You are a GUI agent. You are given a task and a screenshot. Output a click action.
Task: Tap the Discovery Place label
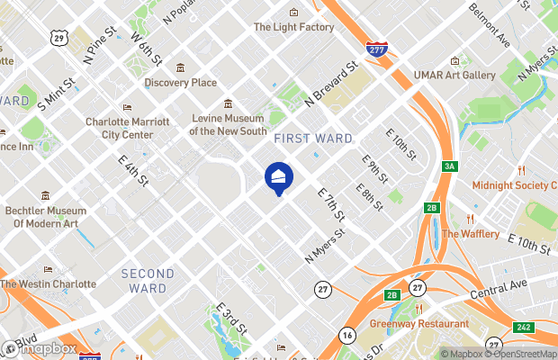pyautogui.click(x=180, y=83)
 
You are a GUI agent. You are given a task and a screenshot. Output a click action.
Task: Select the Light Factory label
pyautogui.click(x=293, y=27)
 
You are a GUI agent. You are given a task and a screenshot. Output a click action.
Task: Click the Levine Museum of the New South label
pyautogui.click(x=228, y=124)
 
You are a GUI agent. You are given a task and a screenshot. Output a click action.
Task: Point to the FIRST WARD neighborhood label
pyautogui.click(x=312, y=138)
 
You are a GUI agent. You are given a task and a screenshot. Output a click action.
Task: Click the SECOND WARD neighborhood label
pyautogui.click(x=148, y=281)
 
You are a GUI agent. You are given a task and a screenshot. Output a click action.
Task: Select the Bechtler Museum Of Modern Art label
pyautogui.click(x=56, y=217)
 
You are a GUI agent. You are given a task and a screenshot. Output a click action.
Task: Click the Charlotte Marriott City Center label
pyautogui.click(x=127, y=128)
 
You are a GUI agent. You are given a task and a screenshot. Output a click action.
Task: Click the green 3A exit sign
pyautogui.click(x=450, y=167)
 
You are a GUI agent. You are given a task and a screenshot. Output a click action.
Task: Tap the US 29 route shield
pyautogui.click(x=59, y=38)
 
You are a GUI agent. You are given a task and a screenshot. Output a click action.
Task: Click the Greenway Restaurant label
pyautogui.click(x=419, y=323)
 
